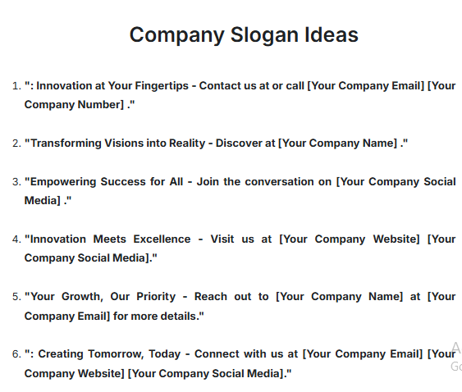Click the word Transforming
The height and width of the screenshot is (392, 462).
click(65, 143)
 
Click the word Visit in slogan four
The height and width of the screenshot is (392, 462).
click(227, 239)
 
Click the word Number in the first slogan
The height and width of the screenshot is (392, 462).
click(102, 104)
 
